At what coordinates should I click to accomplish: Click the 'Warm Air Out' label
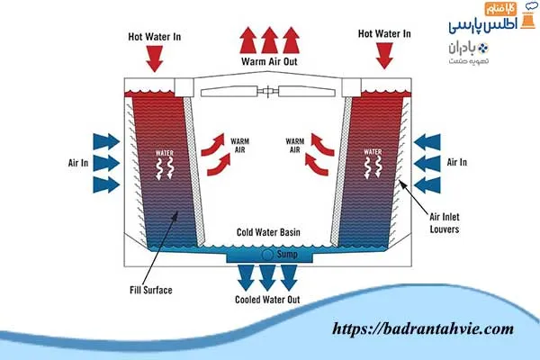click(x=271, y=62)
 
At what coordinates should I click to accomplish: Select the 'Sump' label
click(x=286, y=256)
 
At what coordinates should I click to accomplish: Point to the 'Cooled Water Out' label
click(x=268, y=300)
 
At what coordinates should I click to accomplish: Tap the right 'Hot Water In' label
click(x=384, y=34)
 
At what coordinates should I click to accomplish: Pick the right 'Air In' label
click(x=456, y=163)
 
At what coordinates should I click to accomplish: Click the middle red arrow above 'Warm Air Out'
click(x=269, y=40)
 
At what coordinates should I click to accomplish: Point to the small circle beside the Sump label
click(x=268, y=256)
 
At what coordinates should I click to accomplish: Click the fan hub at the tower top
click(x=270, y=91)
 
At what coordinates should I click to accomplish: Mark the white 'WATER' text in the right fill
click(x=370, y=152)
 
